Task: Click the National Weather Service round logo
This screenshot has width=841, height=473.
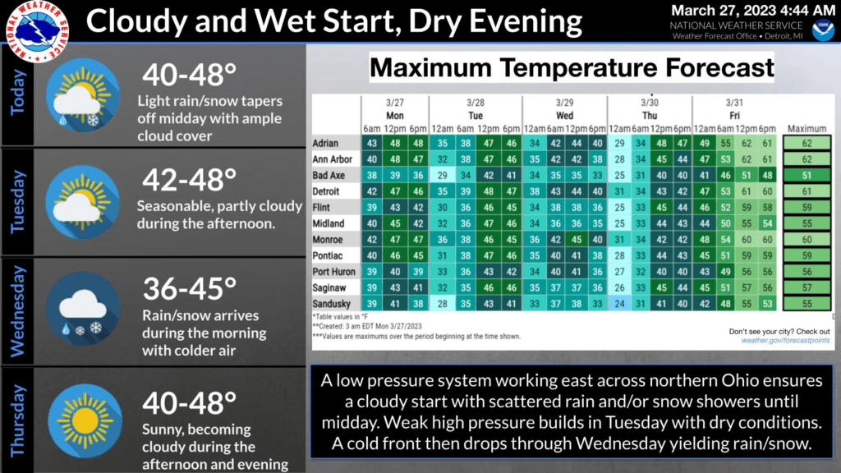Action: click(37, 30)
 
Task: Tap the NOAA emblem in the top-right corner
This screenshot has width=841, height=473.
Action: click(823, 30)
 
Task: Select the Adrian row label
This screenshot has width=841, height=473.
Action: click(325, 143)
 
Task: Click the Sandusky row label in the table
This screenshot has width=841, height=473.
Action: click(331, 304)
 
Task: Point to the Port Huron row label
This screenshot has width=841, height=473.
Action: click(333, 271)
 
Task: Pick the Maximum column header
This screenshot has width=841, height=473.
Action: click(807, 129)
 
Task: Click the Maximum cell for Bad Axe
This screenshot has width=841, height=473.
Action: click(807, 176)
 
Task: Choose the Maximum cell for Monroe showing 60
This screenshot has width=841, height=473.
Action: click(807, 240)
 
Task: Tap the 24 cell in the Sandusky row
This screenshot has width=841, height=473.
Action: click(619, 304)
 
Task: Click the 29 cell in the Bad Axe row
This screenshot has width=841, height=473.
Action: click(442, 176)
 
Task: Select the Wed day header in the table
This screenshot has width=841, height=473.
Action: click(564, 116)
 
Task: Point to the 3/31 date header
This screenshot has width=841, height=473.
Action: click(734, 103)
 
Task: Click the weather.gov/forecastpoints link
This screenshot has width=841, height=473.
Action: click(785, 341)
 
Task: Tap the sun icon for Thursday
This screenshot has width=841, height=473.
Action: click(85, 421)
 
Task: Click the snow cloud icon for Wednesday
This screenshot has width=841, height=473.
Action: click(83, 310)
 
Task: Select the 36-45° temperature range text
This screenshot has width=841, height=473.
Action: click(190, 288)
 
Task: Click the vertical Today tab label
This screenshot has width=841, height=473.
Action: click(18, 92)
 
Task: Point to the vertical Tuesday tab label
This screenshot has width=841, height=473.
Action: click(18, 202)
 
